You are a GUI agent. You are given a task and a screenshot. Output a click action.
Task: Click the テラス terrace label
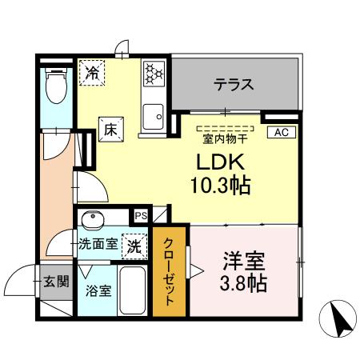pyautogui.click(x=234, y=82)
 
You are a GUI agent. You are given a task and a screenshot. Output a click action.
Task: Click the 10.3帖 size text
pyautogui.click(x=220, y=186)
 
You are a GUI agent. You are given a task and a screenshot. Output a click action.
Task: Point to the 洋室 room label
pyautogui.click(x=243, y=262)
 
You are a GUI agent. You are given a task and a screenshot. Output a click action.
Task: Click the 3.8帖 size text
pyautogui.click(x=243, y=282)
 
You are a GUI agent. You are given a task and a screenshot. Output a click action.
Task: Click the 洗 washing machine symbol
pyautogui.click(x=135, y=246)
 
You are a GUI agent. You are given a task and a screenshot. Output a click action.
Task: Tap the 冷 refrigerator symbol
pyautogui.click(x=94, y=72)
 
